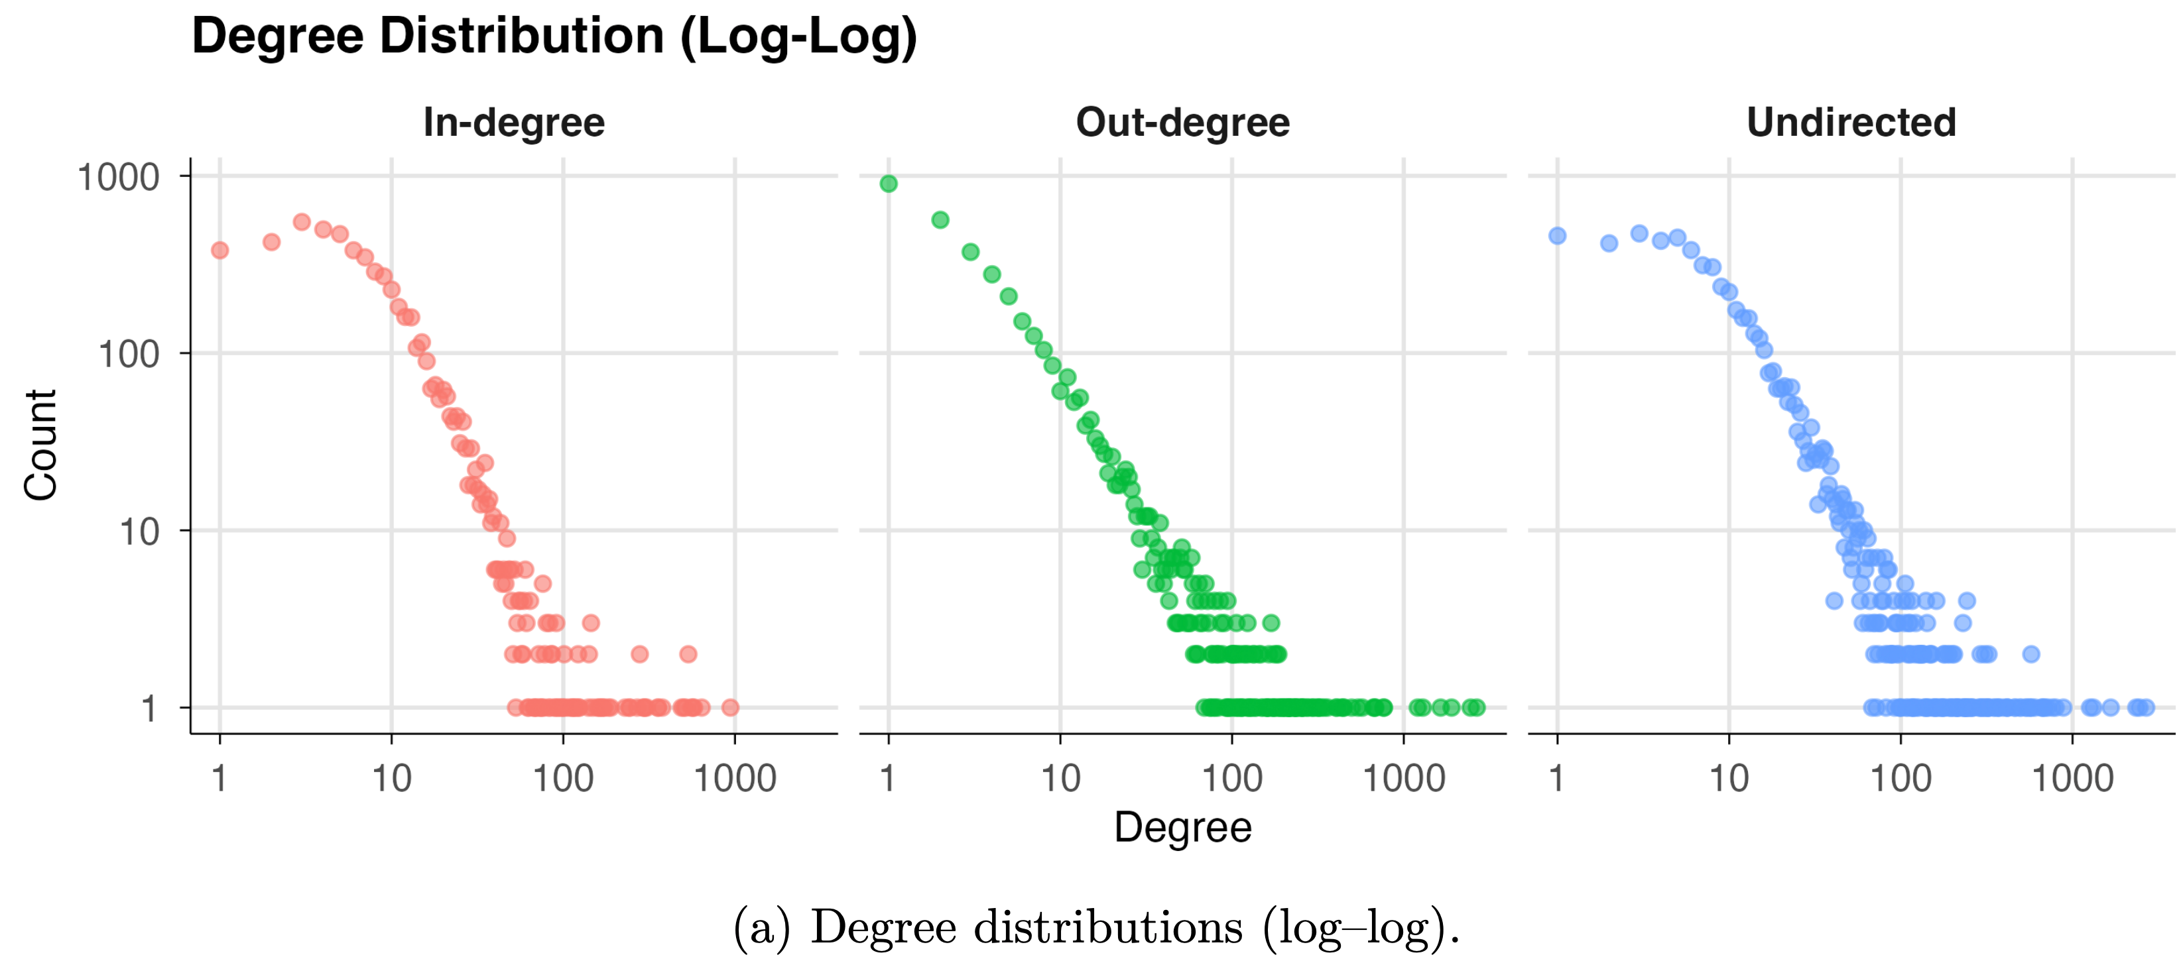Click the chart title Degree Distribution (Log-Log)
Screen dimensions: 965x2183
point(554,37)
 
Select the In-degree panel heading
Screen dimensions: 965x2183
point(513,123)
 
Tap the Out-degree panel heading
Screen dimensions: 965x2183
point(1182,123)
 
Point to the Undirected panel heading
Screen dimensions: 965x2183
point(1851,123)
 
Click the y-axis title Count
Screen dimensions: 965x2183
point(40,445)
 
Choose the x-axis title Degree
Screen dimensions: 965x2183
point(1182,828)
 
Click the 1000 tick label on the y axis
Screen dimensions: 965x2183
point(118,178)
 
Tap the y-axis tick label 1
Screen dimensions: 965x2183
point(149,709)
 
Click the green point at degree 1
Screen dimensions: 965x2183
point(888,184)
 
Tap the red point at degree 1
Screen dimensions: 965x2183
point(219,250)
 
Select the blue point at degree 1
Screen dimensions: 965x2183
point(1557,235)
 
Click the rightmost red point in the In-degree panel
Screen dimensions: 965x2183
point(729,707)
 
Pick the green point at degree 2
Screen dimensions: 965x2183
point(940,220)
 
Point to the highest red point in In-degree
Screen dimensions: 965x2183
point(302,222)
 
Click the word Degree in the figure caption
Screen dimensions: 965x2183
point(882,928)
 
